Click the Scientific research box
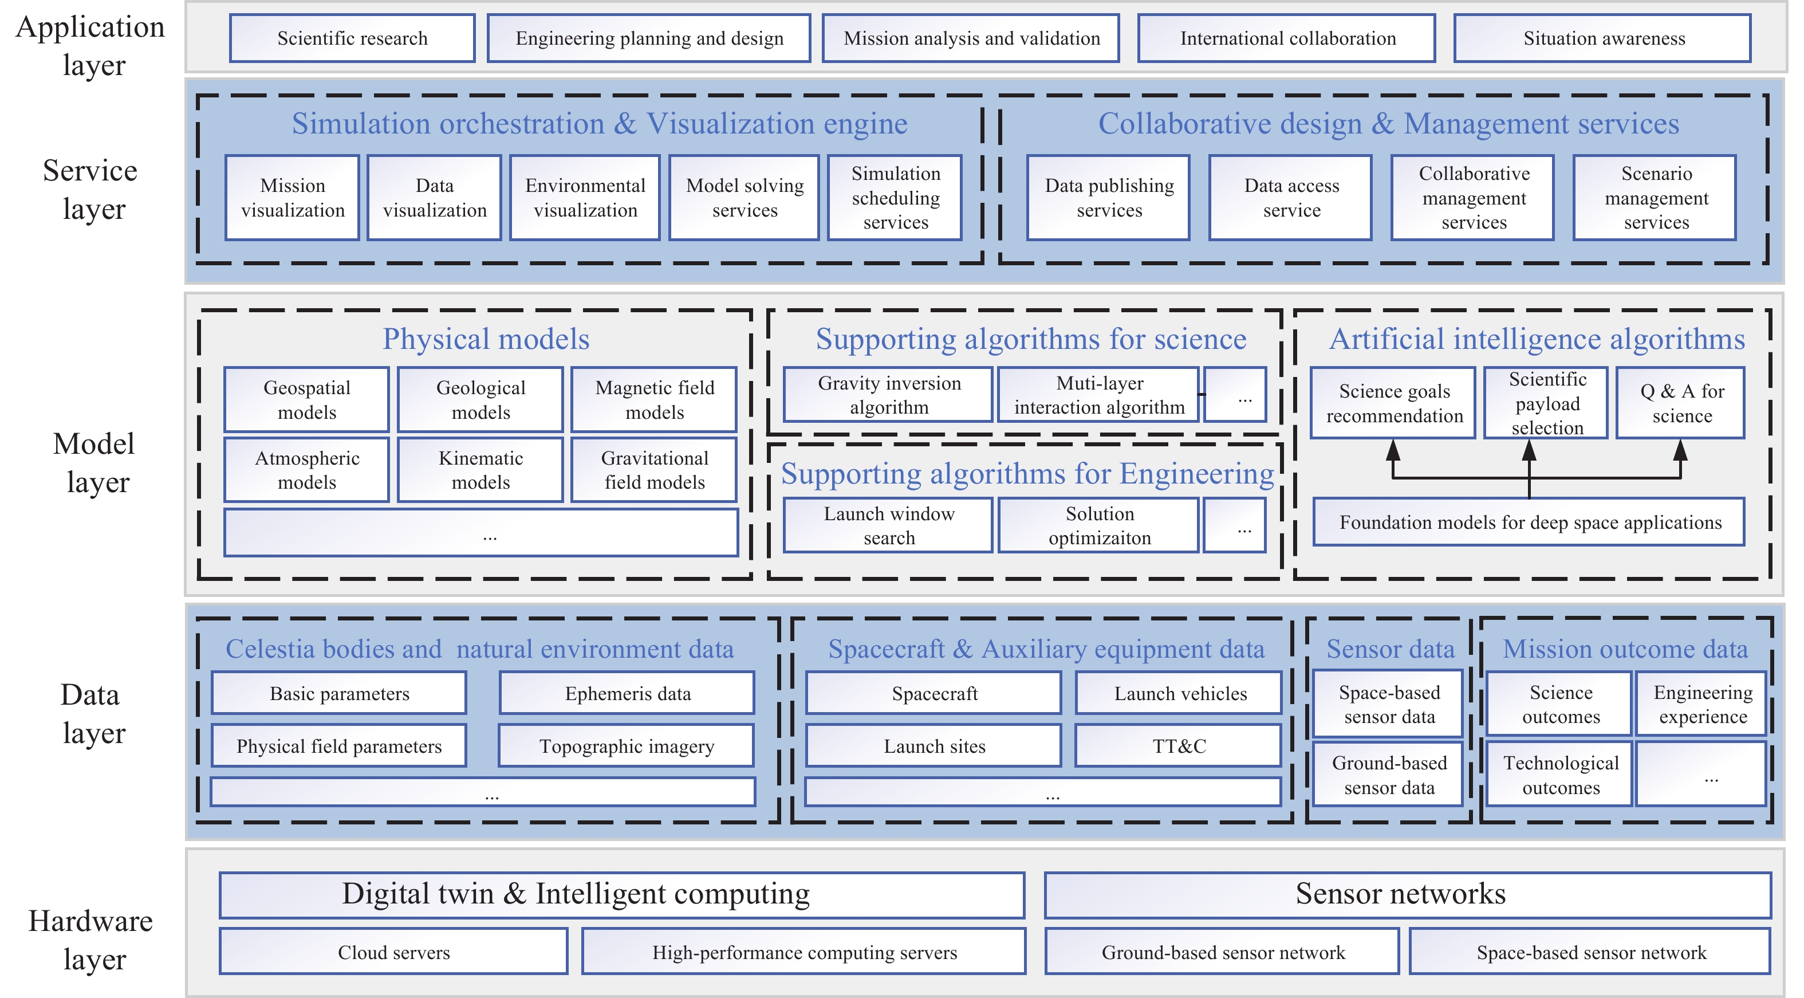tap(352, 38)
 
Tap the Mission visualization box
tap(292, 198)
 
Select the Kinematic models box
tap(480, 470)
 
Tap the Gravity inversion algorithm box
tap(888, 395)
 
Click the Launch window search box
tap(888, 525)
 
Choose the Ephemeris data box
tap(627, 693)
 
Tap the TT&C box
tap(1178, 746)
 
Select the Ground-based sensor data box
tap(1388, 775)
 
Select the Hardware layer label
tap(91, 940)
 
